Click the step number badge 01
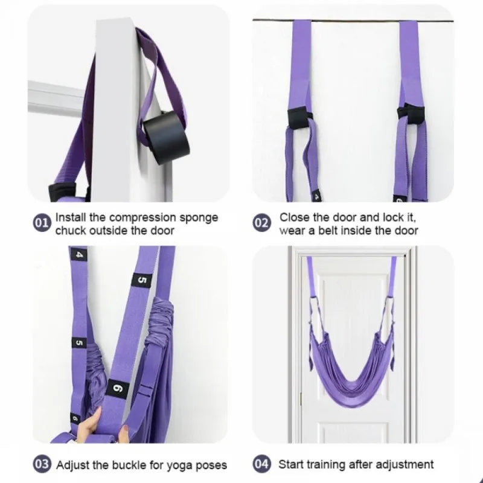coord(41,223)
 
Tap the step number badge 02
coord(261,223)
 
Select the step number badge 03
coord(41,465)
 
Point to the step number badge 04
coord(261,465)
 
